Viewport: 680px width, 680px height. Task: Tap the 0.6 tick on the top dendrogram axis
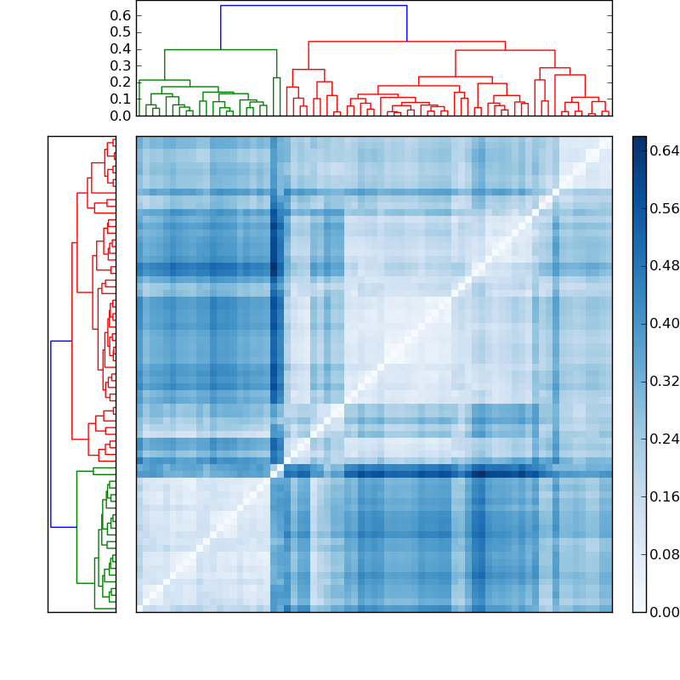(x=121, y=15)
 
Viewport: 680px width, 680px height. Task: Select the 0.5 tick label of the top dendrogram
(x=121, y=32)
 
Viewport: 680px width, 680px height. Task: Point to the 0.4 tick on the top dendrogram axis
(x=121, y=49)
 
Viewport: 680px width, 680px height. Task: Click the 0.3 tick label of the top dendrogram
(x=121, y=65)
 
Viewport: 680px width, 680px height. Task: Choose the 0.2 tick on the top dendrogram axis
(x=121, y=82)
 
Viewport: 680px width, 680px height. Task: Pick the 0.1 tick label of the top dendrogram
(x=121, y=99)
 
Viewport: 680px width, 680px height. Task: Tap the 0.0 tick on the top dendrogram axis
(x=121, y=116)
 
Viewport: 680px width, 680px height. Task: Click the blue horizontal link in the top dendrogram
(x=313, y=6)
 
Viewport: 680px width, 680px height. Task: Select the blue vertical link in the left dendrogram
(x=51, y=433)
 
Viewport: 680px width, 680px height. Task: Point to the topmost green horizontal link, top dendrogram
(x=220, y=49)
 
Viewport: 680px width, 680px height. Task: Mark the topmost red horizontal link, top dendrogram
(x=406, y=41)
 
